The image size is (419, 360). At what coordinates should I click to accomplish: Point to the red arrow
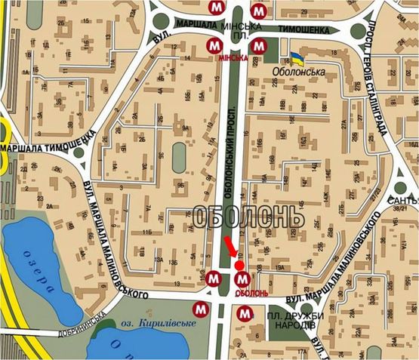[x=230, y=248]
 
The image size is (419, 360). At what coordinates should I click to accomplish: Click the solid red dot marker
[x=240, y=266]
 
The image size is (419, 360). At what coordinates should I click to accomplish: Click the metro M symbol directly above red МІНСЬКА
[x=215, y=45]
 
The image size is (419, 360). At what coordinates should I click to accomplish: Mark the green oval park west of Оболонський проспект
[x=179, y=157]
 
